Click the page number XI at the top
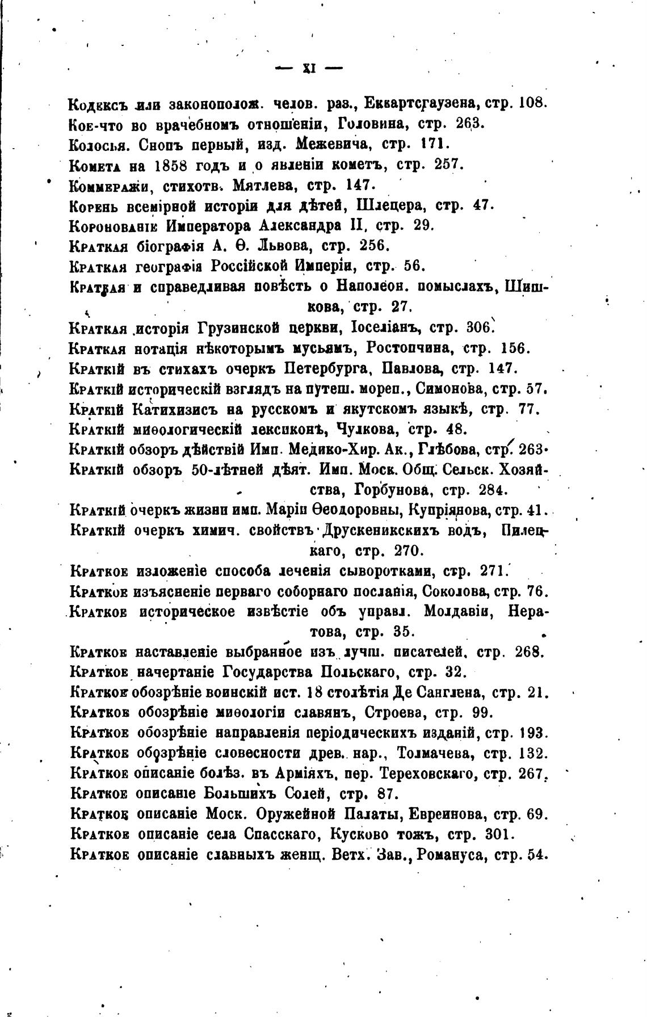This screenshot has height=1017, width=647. point(309,69)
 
